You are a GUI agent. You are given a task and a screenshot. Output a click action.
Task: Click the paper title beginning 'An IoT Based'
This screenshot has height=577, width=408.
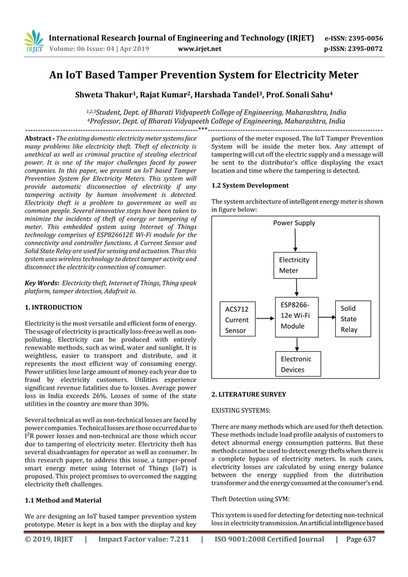tap(204, 75)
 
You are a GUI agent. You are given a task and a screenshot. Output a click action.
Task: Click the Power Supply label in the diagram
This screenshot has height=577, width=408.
tap(294, 223)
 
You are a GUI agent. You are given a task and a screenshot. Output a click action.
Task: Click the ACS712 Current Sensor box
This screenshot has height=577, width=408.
tap(237, 319)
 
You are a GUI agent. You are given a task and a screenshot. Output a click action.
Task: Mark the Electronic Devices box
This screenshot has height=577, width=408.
tap(296, 364)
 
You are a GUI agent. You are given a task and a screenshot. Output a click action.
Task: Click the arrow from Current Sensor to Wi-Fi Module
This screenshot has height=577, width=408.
tap(265, 318)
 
